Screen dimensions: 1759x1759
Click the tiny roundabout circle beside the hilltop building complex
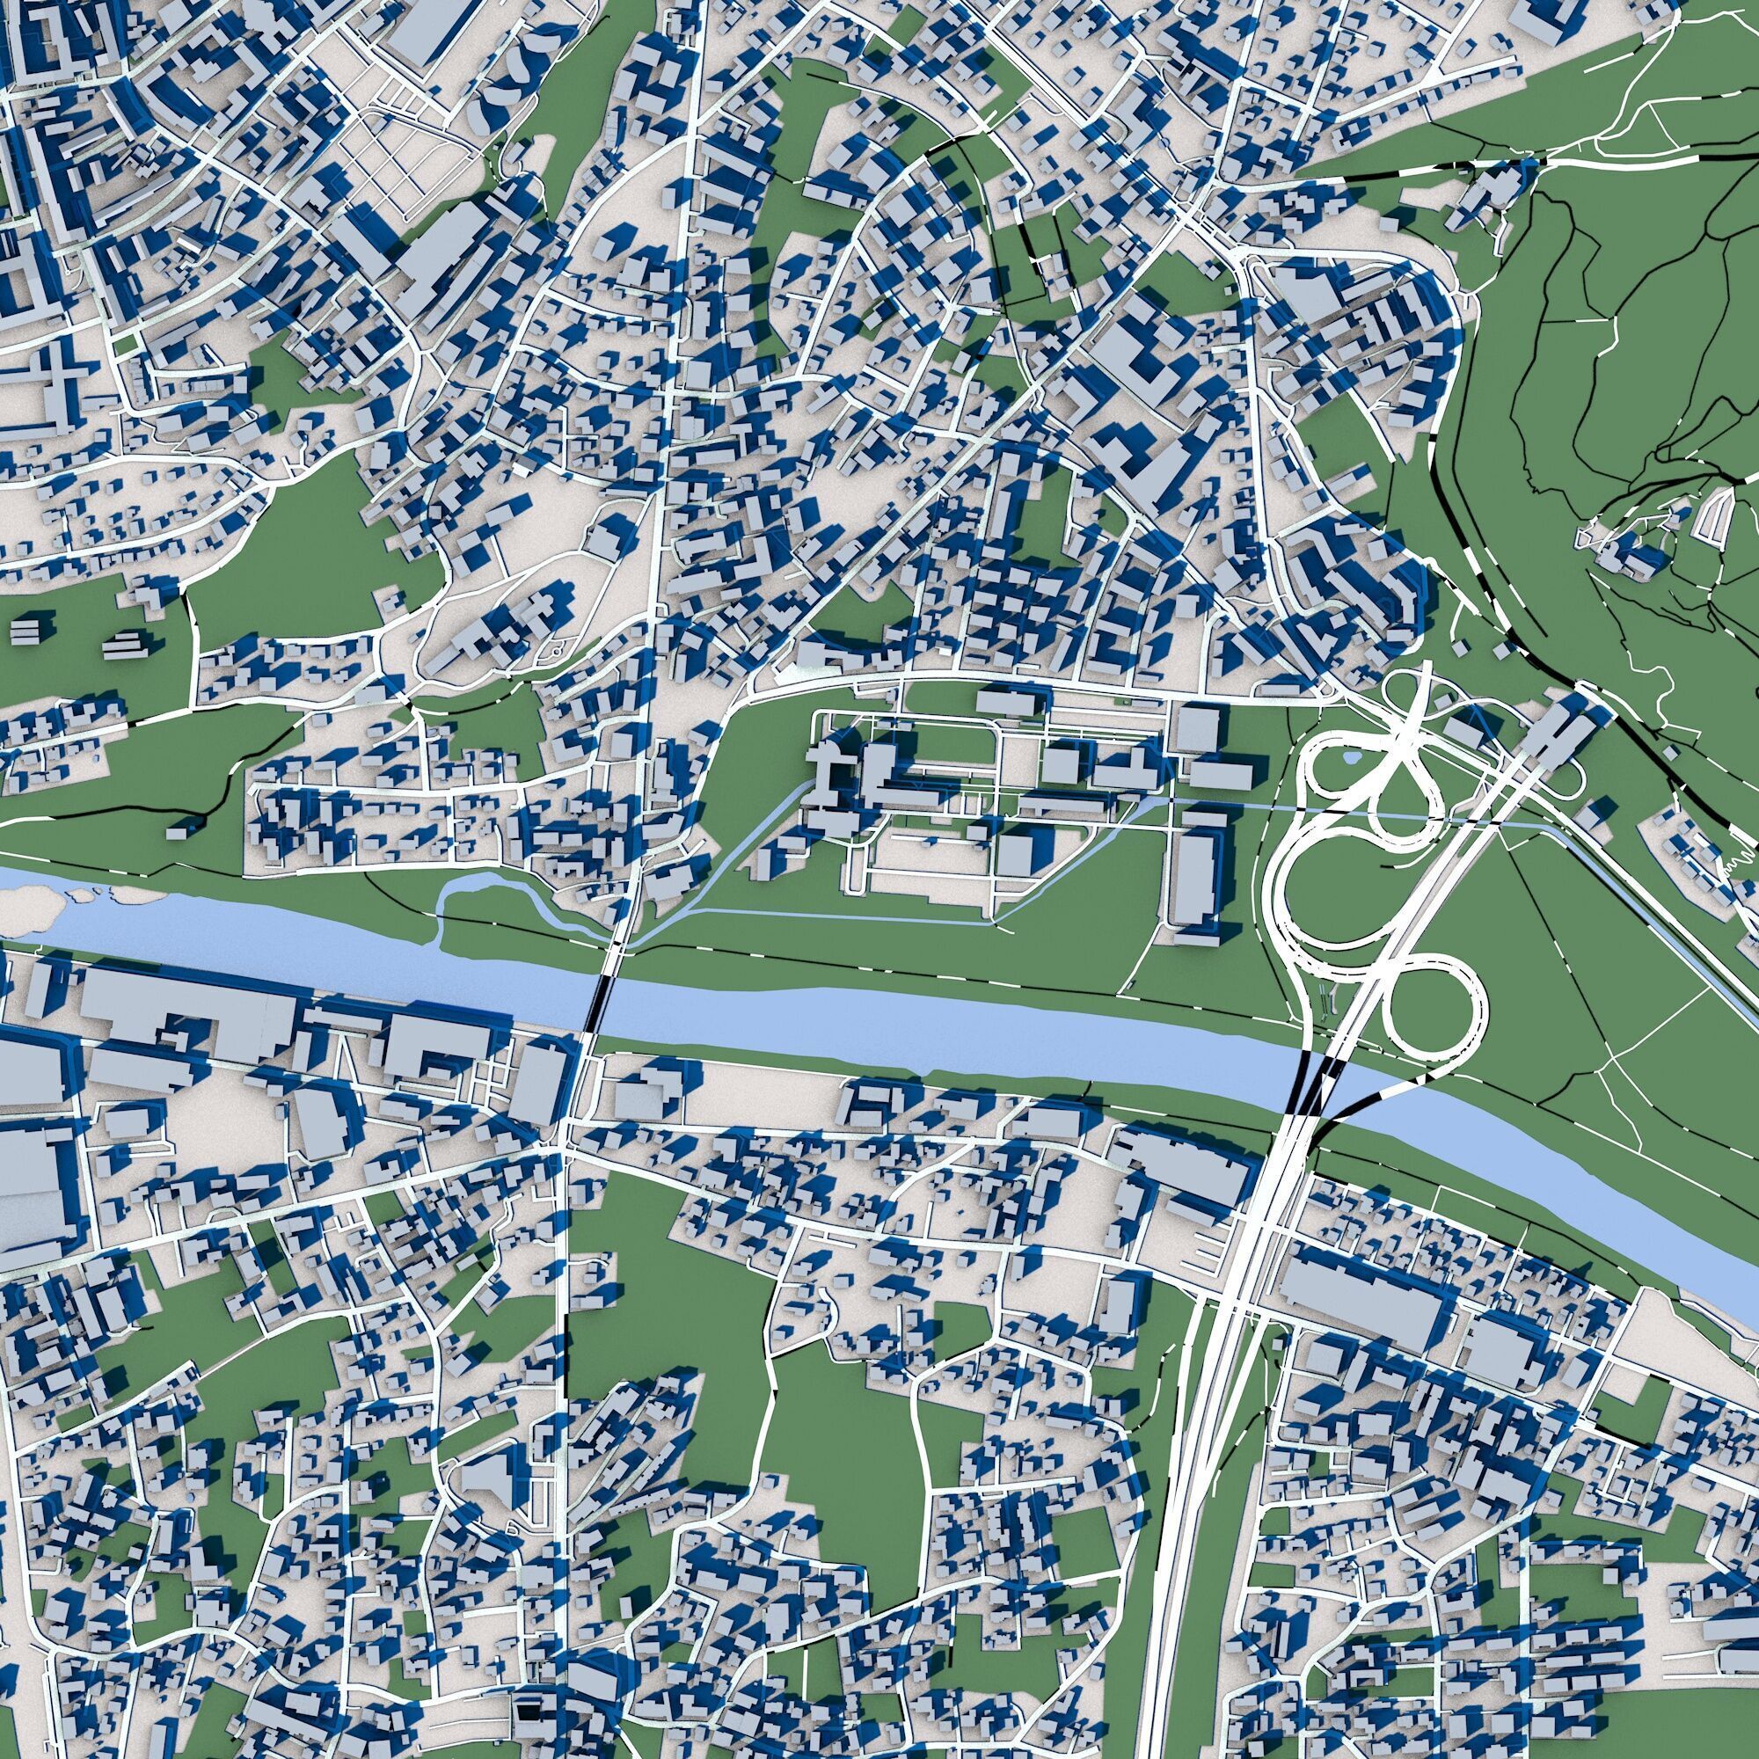[552, 650]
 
